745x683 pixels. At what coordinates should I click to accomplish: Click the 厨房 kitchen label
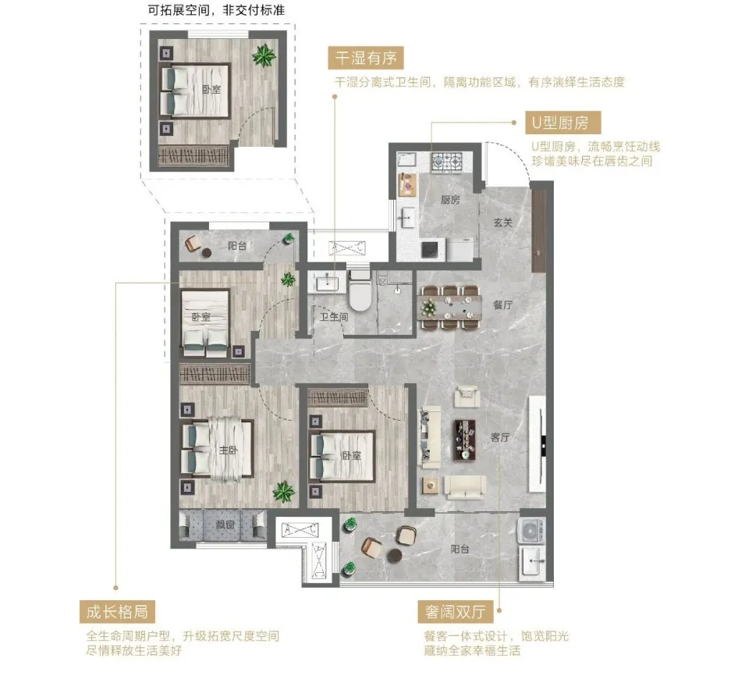coord(450,200)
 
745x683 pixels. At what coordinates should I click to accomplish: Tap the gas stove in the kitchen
coord(447,162)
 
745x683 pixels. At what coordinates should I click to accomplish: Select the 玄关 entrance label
coord(502,222)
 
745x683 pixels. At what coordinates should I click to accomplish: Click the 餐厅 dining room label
coord(502,304)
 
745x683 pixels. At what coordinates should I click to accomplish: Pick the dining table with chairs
coord(449,307)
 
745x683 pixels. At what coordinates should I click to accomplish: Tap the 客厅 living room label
coord(500,437)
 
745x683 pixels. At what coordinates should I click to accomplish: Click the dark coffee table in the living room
coord(465,439)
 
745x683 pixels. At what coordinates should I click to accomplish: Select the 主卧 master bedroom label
coord(228,449)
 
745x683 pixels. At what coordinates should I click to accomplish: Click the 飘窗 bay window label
coord(225,525)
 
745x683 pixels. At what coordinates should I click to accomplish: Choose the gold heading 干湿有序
coord(366,58)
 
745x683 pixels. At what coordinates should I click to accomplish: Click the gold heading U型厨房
coord(563,123)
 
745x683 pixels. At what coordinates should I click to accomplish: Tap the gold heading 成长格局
coord(117,612)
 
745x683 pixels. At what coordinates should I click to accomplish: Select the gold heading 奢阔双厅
coord(456,612)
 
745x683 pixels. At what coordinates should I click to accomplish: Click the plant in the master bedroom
coord(283,492)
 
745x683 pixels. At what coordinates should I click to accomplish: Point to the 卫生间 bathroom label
coord(334,317)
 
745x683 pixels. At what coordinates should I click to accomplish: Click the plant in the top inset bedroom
coord(264,56)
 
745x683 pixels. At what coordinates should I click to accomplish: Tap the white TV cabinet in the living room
coord(537,444)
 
